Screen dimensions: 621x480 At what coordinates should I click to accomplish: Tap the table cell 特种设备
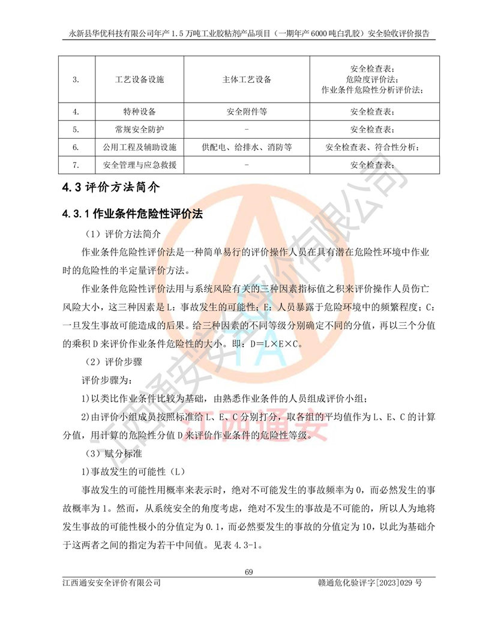pyautogui.click(x=139, y=112)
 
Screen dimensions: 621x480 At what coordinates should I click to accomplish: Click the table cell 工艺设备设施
pyautogui.click(x=139, y=79)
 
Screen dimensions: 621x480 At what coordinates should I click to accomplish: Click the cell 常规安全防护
pyautogui.click(x=139, y=129)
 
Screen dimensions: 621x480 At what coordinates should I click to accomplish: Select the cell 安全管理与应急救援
pyautogui.click(x=139, y=165)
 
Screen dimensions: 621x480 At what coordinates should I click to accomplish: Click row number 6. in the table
pyautogui.click(x=76, y=147)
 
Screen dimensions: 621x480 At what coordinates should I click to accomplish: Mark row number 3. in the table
pyautogui.click(x=76, y=79)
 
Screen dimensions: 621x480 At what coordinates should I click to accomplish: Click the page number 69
pyautogui.click(x=249, y=571)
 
